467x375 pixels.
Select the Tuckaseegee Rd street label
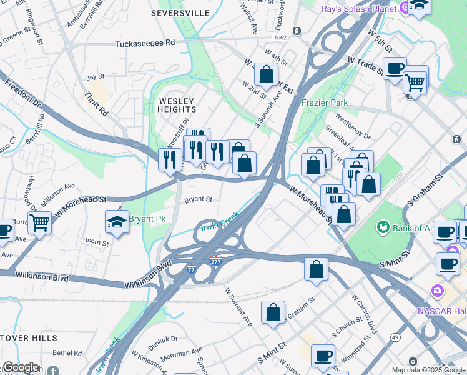(145, 44)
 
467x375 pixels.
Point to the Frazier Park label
(325, 102)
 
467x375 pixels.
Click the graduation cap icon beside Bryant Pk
(117, 221)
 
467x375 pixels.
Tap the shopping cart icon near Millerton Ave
(39, 221)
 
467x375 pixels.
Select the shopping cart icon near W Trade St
(414, 81)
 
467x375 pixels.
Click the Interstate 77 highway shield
(191, 269)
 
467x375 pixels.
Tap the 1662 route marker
(280, 38)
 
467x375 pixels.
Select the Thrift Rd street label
(96, 105)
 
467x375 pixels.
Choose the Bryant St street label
(199, 200)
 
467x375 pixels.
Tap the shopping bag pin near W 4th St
(267, 74)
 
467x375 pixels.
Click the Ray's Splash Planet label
(359, 9)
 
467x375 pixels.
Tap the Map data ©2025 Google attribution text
(428, 370)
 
